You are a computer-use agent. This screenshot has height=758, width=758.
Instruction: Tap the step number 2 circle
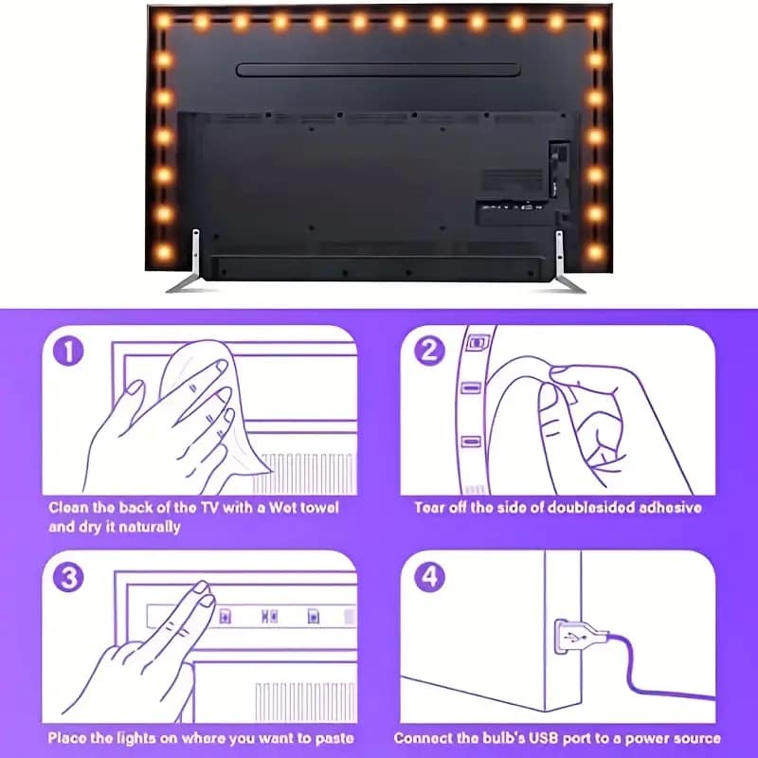click(x=429, y=351)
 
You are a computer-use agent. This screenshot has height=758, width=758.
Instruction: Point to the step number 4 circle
click(x=429, y=576)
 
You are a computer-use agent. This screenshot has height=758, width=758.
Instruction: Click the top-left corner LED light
click(x=163, y=21)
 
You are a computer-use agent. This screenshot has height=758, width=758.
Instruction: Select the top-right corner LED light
click(x=595, y=21)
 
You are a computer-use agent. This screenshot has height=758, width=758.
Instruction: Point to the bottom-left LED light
click(x=163, y=252)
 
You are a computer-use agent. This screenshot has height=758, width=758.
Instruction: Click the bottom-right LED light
click(x=595, y=252)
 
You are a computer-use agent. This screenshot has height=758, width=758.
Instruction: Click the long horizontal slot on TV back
click(x=377, y=69)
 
